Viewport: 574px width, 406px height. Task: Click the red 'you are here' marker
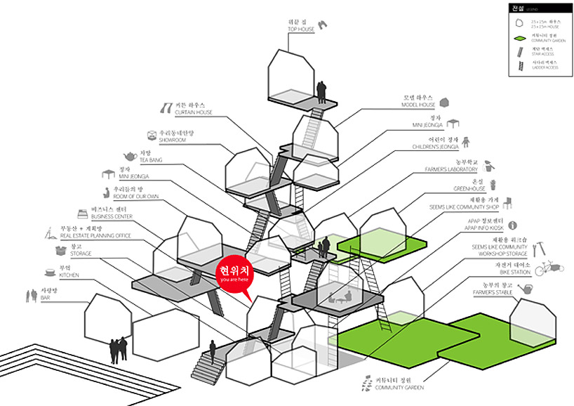234,275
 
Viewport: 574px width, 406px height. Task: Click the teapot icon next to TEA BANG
130,157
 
